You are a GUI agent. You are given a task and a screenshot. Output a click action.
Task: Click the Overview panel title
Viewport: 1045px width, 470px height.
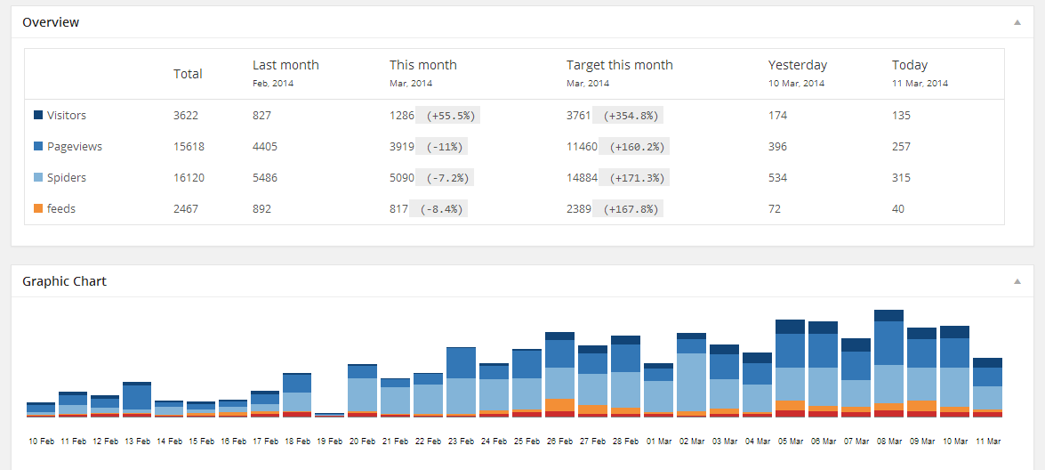[x=51, y=22]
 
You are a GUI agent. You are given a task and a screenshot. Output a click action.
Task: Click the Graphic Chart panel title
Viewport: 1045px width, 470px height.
[x=64, y=281]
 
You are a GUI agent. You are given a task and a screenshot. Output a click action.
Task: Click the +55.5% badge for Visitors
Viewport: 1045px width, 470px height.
[x=451, y=116]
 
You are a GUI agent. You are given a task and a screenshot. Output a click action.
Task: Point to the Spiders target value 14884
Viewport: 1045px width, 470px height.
[x=582, y=178]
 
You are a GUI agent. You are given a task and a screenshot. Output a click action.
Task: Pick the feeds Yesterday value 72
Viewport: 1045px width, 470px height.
[x=774, y=209]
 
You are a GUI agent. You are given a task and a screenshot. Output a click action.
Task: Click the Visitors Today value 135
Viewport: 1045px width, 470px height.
[x=901, y=116]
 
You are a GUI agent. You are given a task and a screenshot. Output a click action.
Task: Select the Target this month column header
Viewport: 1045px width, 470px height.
[x=619, y=65]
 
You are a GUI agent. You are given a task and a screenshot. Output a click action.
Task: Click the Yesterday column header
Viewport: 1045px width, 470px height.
[x=797, y=65]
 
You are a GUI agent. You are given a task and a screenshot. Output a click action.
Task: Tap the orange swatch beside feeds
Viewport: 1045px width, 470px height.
[x=38, y=208]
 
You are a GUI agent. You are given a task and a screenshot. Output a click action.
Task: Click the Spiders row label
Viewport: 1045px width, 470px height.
[x=67, y=178]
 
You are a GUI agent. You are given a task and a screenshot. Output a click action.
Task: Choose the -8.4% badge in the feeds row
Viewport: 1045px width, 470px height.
[x=439, y=209]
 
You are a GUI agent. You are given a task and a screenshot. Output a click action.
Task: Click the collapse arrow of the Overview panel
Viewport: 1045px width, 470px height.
[x=1017, y=22]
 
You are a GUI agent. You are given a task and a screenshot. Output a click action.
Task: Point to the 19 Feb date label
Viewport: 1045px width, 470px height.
[x=329, y=441]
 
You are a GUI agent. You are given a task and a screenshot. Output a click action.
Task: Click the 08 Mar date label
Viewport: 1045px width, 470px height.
[x=888, y=441]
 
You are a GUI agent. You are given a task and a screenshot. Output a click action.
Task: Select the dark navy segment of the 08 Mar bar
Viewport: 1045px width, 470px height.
[x=888, y=315]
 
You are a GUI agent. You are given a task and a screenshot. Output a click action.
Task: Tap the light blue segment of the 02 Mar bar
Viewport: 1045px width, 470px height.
[x=691, y=382]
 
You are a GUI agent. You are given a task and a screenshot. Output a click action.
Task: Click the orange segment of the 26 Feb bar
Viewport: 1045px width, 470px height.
[x=559, y=404]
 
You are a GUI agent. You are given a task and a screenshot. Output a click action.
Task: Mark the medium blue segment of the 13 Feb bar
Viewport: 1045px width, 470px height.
[x=137, y=397]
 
